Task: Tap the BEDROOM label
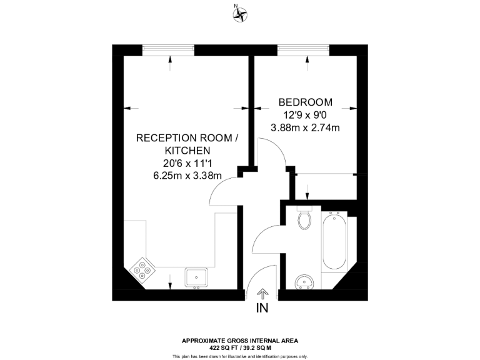[x=305, y=102]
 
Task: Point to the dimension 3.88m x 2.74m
[x=305, y=128]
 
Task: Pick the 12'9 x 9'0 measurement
[x=305, y=115]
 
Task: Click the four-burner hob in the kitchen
[x=143, y=270]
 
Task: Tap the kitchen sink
[x=197, y=277]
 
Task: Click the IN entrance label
[x=262, y=308]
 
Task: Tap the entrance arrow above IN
[x=262, y=293]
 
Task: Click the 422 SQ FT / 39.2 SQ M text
[x=240, y=347]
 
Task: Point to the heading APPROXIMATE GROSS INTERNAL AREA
[x=240, y=341]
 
